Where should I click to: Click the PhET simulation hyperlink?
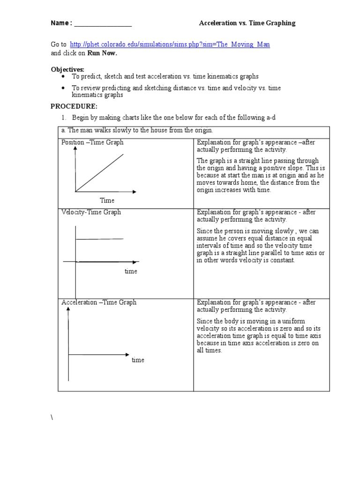tap(169, 44)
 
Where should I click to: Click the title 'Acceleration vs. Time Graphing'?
tap(247, 23)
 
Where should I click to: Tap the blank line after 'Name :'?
tap(103, 24)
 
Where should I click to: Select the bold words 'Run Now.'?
tap(102, 53)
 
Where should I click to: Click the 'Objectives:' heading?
tap(67, 69)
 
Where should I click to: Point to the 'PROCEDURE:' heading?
tap(74, 106)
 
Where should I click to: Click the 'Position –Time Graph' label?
tap(92, 142)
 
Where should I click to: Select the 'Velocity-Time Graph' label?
tap(91, 212)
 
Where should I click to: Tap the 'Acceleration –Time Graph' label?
tap(99, 302)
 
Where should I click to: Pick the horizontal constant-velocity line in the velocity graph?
tap(99, 239)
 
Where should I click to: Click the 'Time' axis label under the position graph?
tap(107, 200)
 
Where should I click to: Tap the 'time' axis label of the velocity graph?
tap(131, 271)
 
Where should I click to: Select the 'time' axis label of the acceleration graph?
tap(138, 360)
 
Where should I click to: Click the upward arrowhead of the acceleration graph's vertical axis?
tap(68, 309)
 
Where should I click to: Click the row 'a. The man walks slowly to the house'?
tap(137, 130)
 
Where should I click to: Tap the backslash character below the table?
tap(52, 418)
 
